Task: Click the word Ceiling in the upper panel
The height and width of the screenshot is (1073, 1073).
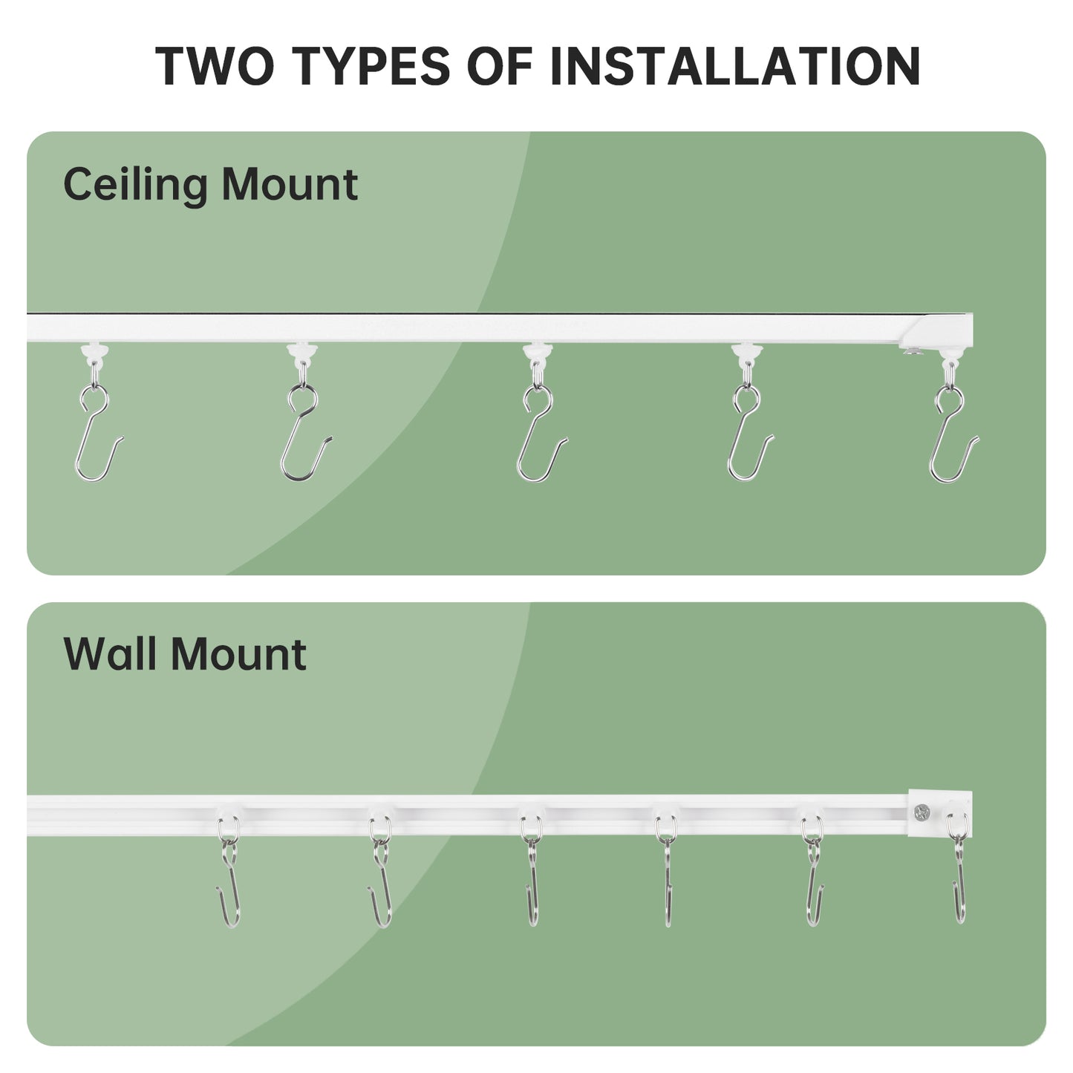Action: (134, 184)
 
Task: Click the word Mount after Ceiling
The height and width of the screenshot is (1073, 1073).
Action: (290, 184)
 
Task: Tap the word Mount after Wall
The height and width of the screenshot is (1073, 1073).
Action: (238, 654)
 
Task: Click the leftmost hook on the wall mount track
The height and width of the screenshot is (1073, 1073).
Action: (229, 884)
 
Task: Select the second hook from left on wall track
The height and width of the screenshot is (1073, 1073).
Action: (381, 884)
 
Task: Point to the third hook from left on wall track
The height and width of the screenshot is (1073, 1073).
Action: (531, 884)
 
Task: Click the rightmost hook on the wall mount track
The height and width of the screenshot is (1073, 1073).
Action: (959, 884)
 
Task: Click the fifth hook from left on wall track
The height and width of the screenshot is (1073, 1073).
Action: (814, 884)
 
